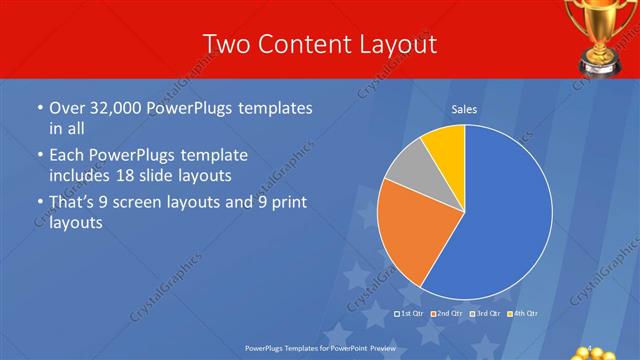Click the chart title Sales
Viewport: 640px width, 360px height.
464,109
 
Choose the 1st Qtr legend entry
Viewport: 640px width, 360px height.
410,314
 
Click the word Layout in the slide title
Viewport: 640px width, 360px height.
399,45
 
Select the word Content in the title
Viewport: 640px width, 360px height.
296,45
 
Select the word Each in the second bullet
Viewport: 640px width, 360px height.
67,156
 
